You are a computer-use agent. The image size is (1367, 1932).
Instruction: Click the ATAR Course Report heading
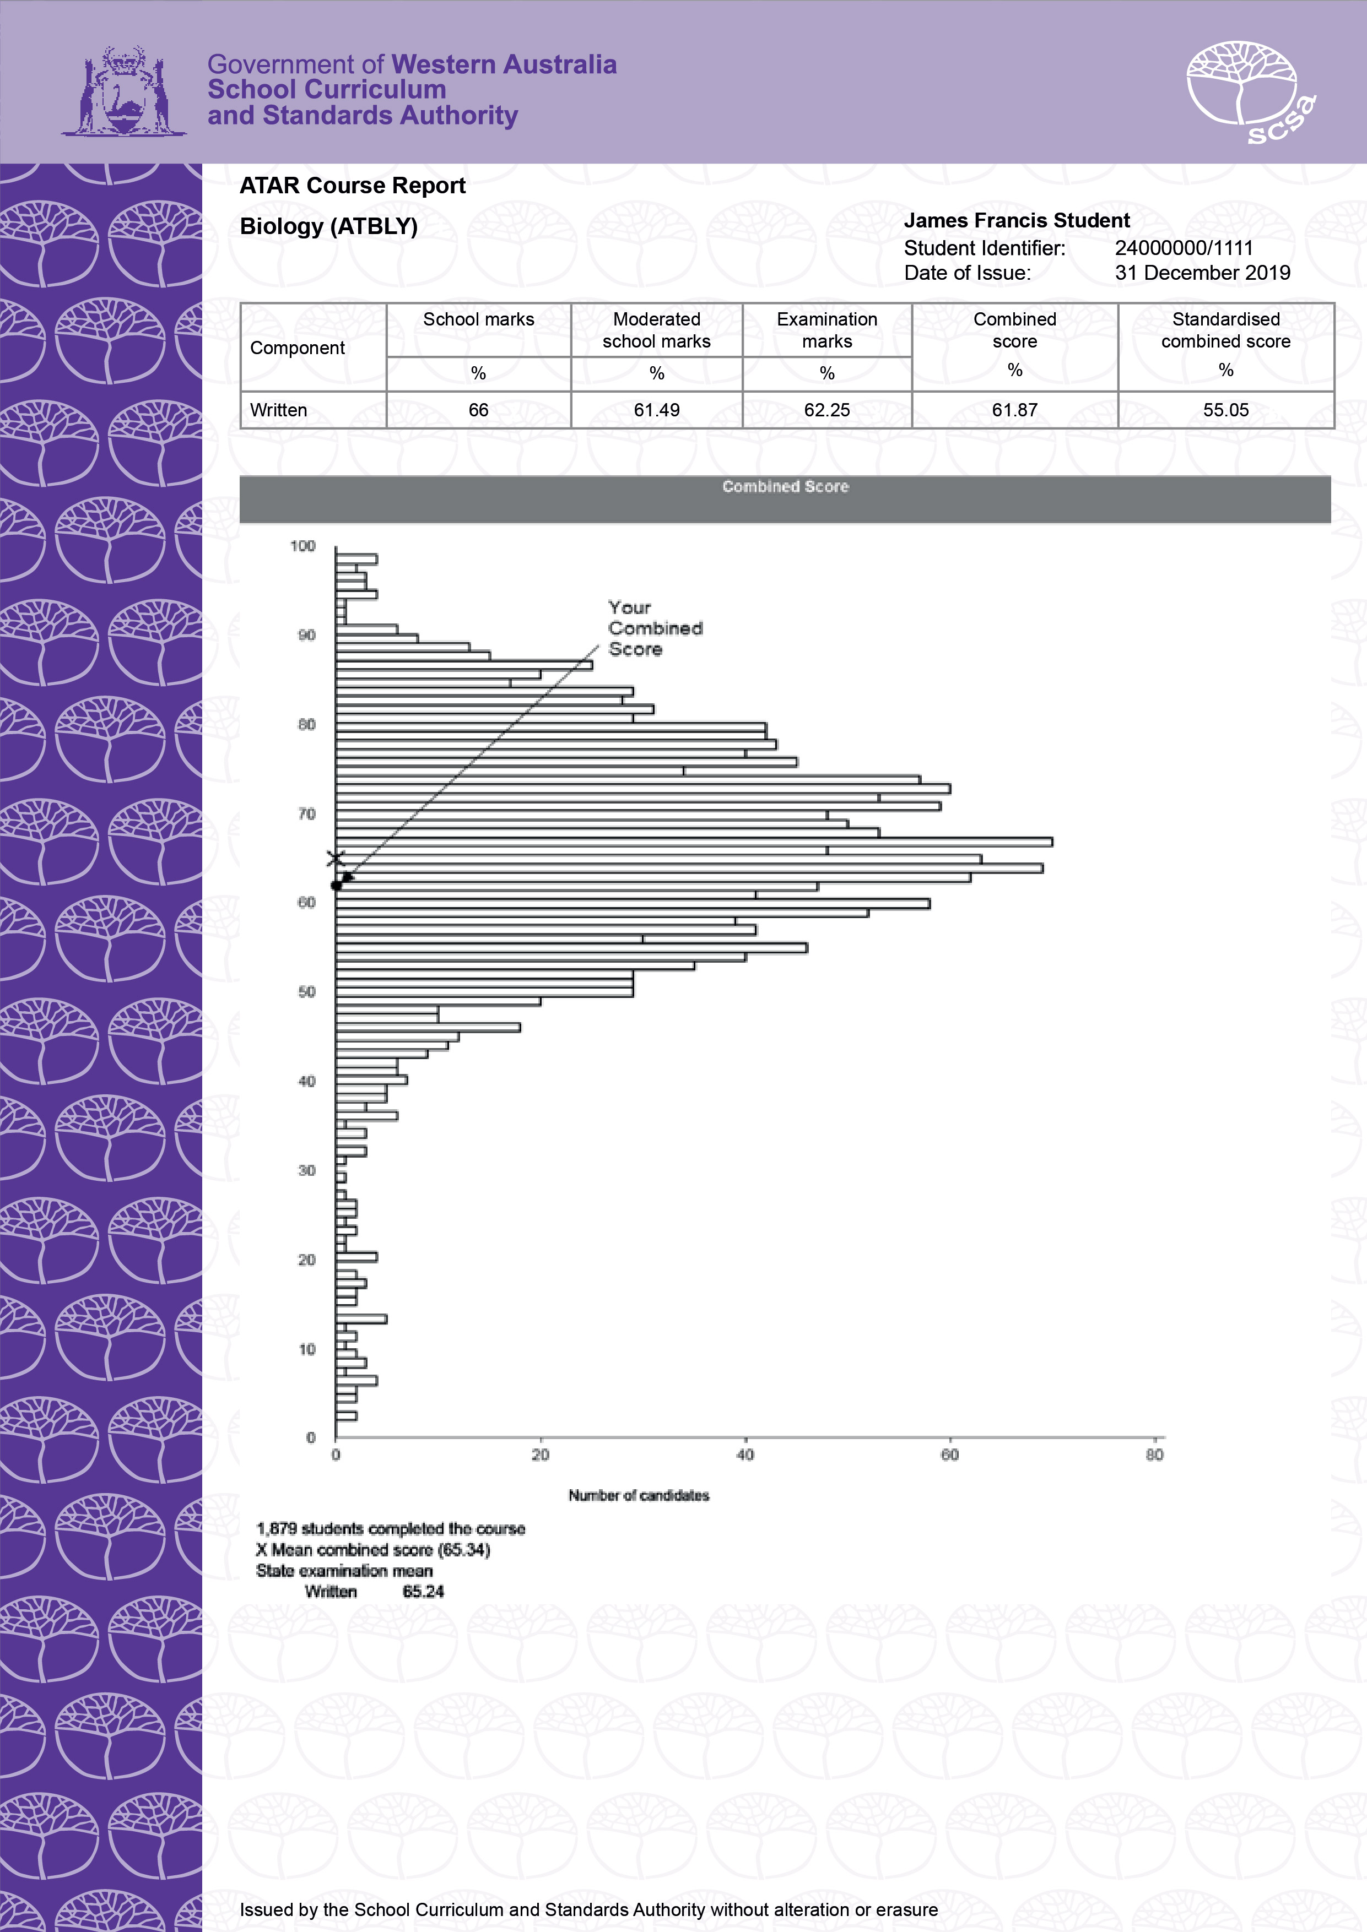click(x=352, y=186)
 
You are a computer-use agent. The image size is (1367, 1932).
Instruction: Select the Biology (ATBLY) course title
click(x=328, y=226)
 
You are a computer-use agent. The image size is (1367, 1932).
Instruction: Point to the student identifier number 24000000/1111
click(x=1184, y=248)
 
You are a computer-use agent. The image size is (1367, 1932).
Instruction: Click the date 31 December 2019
click(x=1202, y=273)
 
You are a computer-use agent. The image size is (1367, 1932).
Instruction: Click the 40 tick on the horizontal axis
click(x=745, y=1455)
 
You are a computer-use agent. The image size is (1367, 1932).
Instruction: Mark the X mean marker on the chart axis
click(x=336, y=858)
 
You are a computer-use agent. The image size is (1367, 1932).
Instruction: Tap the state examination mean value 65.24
click(x=423, y=1591)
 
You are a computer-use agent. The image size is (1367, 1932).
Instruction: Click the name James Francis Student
click(x=1016, y=220)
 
